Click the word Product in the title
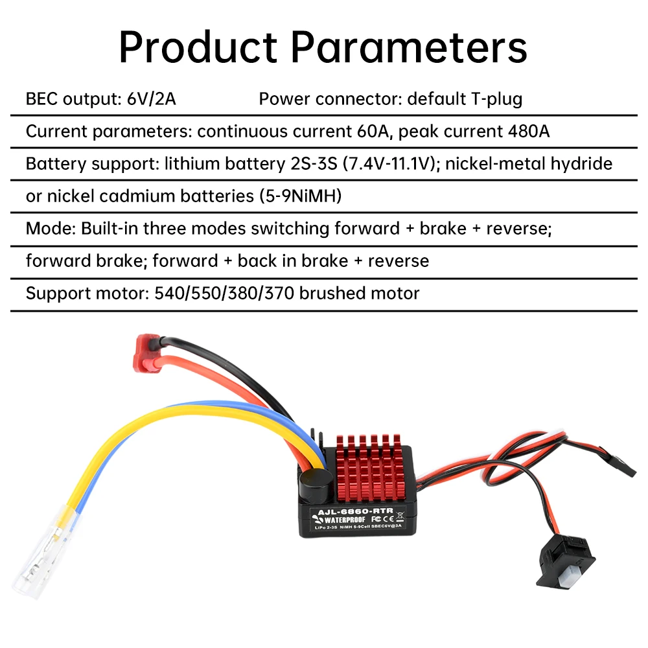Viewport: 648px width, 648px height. coord(198,47)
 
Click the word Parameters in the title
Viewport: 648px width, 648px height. coord(408,47)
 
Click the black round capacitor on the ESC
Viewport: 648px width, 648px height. coord(310,480)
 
